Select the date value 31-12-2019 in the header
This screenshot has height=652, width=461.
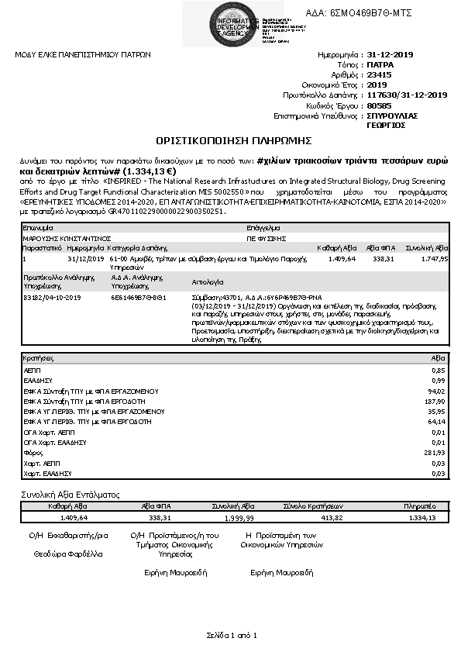[x=391, y=55]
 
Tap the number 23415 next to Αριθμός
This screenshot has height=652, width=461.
[x=379, y=75]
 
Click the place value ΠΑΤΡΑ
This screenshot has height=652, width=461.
[x=380, y=65]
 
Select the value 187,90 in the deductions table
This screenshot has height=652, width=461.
[x=435, y=402]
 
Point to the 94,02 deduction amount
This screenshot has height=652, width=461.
[x=437, y=392]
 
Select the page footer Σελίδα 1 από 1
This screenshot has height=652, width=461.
[x=231, y=633]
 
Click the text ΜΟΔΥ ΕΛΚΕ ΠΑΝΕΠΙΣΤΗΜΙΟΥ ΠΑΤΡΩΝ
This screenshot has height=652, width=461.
[x=83, y=55]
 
